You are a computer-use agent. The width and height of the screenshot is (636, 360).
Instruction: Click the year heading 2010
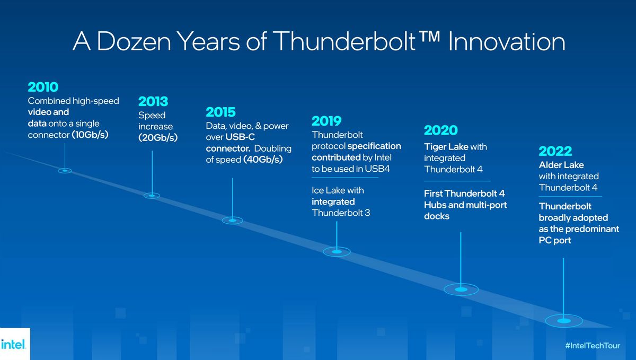coord(43,87)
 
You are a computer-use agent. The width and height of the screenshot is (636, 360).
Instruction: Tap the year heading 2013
coord(154,101)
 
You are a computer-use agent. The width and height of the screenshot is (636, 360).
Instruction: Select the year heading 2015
coord(220,112)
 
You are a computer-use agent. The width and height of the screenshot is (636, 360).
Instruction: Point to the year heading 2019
coord(326,121)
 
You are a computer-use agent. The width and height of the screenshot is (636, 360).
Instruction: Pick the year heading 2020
coord(440,130)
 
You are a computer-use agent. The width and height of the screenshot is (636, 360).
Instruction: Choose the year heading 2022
coord(555,151)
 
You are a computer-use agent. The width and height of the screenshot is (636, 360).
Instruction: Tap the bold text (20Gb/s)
coord(158,138)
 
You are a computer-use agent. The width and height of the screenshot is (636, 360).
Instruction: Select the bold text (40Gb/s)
coord(263,160)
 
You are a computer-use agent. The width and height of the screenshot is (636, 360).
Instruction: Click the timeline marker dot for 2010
coord(65,171)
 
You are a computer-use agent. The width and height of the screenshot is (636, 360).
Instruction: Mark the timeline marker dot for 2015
coord(233,220)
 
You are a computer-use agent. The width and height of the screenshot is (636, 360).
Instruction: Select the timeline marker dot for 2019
coord(337,252)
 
